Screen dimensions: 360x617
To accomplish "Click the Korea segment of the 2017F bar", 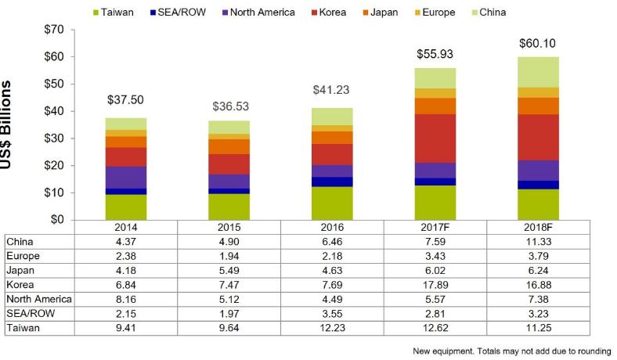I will coord(435,139).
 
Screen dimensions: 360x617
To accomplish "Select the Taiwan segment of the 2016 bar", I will coord(331,203).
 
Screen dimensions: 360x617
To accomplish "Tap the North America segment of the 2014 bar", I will coord(125,177).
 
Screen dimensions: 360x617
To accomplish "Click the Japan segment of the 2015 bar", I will coord(229,146).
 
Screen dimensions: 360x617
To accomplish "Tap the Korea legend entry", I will coord(332,13).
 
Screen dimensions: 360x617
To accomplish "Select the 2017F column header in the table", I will coord(435,227).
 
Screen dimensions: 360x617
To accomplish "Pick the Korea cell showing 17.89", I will coord(435,285).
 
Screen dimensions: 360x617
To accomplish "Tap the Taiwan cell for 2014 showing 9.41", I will coord(125,329).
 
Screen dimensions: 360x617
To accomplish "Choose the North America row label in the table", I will coord(38,299).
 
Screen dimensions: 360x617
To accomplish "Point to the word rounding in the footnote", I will coord(591,351).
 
